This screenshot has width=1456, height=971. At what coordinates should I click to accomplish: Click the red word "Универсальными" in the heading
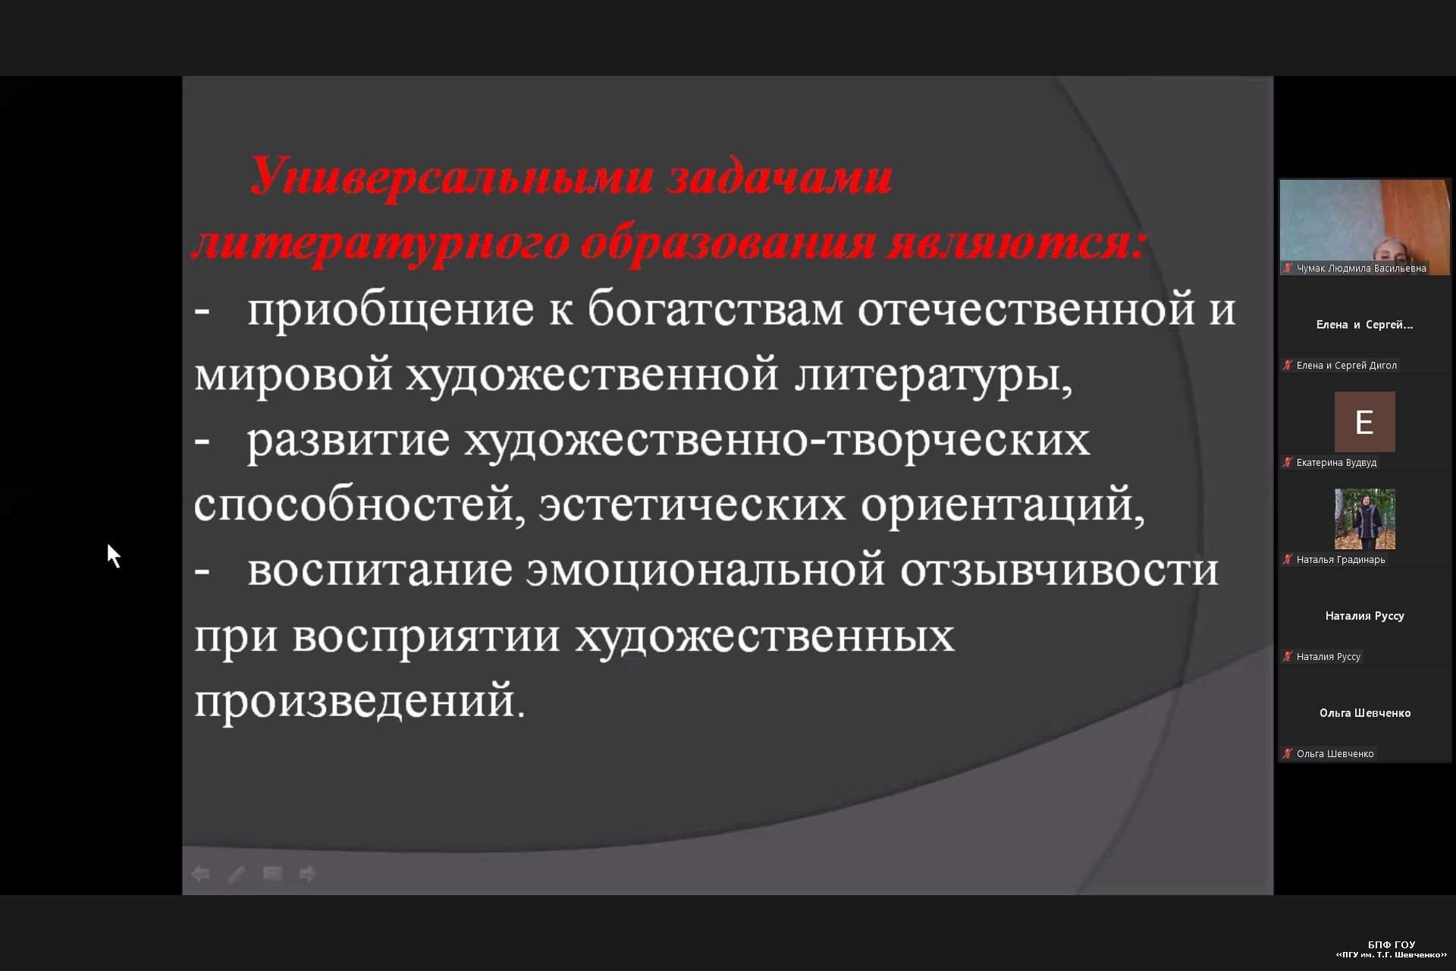453,178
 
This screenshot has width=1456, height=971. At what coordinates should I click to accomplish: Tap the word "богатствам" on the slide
716,310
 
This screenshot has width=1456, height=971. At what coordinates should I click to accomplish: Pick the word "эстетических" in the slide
692,506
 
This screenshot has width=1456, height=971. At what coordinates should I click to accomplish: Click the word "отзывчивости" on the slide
1059,571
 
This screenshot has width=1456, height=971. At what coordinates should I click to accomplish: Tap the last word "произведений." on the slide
359,701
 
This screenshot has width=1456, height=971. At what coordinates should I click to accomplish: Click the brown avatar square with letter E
1364,422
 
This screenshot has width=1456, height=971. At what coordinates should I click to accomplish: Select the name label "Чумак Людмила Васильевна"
1361,269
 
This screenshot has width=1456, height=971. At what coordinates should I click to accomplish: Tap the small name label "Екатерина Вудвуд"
1336,463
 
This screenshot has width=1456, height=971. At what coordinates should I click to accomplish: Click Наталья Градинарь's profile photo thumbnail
1364,519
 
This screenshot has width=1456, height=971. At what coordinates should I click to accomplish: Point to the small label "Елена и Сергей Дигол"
1346,366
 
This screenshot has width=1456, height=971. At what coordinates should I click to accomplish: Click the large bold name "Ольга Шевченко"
1365,713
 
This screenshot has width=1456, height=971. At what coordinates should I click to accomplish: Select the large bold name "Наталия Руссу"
1365,616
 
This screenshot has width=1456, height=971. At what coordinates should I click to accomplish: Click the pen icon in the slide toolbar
237,875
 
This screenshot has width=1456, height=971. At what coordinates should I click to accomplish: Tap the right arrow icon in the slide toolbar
307,875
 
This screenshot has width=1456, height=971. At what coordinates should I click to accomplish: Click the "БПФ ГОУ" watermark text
1392,944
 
